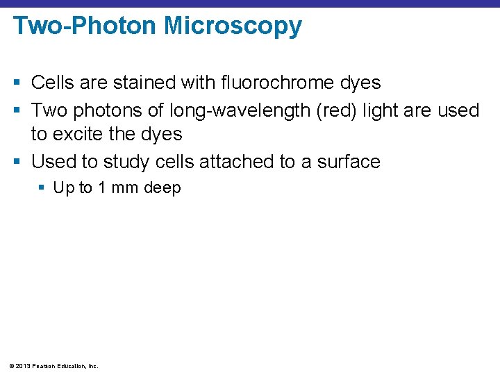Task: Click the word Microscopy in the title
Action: pos(233,26)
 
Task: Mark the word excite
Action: pos(81,133)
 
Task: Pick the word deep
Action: pos(162,188)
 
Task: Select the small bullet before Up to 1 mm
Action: pos(43,188)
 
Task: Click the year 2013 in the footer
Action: pos(21,365)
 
